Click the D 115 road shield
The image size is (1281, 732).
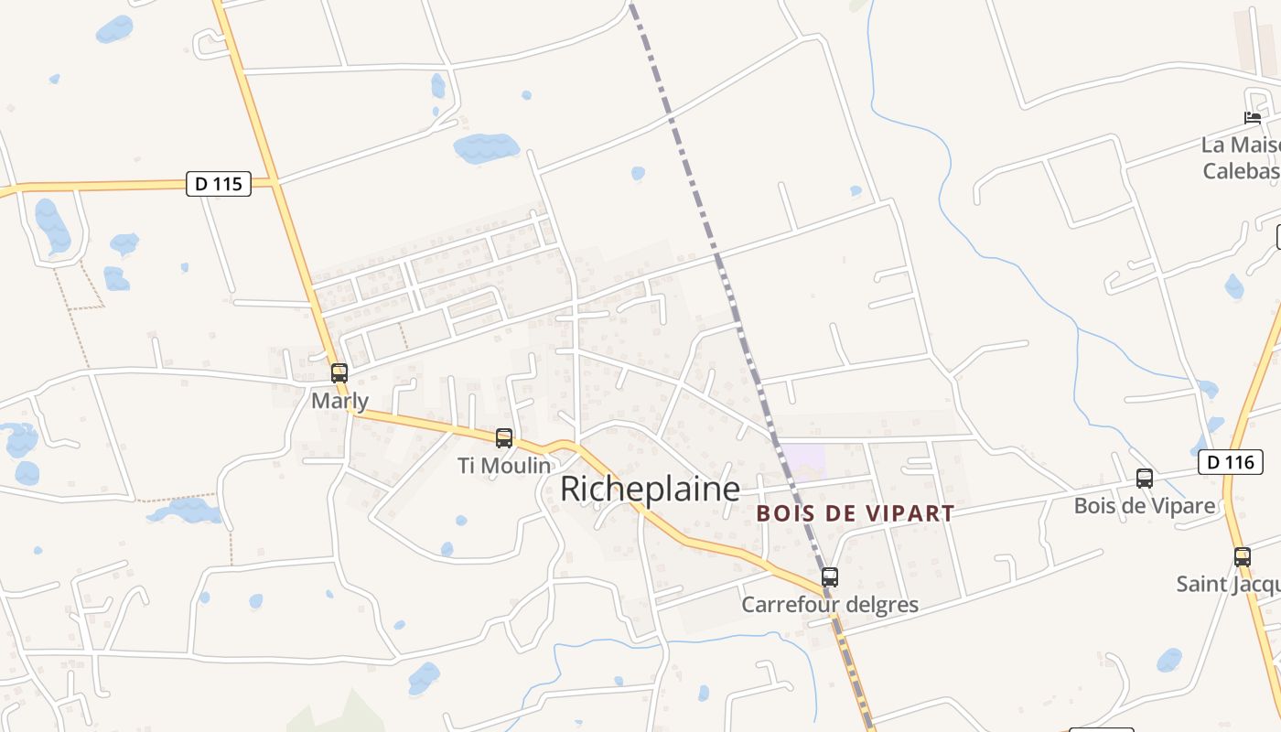pos(219,184)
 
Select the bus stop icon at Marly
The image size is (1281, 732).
pos(339,373)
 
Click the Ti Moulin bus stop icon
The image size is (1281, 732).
pos(504,438)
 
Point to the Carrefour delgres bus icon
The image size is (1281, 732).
pos(830,577)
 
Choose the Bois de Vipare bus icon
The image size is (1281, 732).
pos(1145,478)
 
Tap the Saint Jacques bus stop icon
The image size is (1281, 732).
pos(1243,556)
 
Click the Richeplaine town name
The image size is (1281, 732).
pos(650,489)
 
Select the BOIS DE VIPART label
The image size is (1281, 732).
pos(856,513)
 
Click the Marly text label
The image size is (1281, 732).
pos(339,401)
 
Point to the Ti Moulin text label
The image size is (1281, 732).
pos(504,466)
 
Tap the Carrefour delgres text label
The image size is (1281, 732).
pos(830,605)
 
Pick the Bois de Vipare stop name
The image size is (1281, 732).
pos(1145,505)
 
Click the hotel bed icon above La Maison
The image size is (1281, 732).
pos(1253,118)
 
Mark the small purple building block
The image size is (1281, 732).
pos(802,457)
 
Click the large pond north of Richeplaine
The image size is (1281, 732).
pos(486,146)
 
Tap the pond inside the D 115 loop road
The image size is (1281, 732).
pos(52,224)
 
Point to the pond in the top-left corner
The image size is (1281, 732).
pos(114,29)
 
